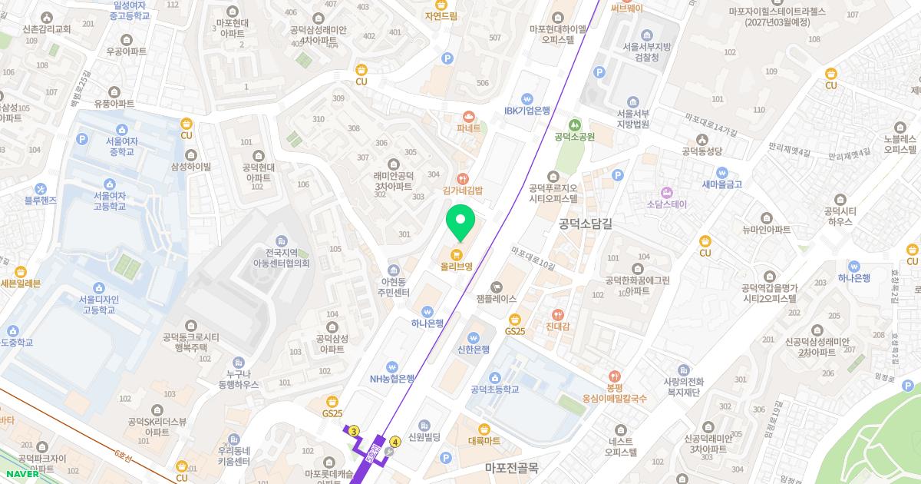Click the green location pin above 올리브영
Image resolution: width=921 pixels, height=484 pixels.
[x=460, y=220]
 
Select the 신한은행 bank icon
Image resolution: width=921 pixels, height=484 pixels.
[x=474, y=336]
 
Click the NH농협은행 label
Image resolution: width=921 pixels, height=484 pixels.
[x=391, y=378]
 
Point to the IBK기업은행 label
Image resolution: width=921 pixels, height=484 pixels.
[x=527, y=111]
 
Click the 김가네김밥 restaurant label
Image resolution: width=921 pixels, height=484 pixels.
[x=462, y=190]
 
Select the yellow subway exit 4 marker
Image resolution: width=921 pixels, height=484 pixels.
[x=395, y=442]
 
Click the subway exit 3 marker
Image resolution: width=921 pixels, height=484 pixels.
[x=353, y=432]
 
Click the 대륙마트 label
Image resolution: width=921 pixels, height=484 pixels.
[x=484, y=441]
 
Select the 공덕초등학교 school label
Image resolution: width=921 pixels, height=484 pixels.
[x=494, y=390]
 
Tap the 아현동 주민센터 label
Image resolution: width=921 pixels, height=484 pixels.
[x=394, y=287]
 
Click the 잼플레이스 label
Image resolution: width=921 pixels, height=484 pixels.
[x=496, y=298]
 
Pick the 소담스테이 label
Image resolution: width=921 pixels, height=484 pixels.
[x=666, y=204]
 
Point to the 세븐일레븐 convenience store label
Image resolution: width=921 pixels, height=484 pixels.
[x=21, y=283]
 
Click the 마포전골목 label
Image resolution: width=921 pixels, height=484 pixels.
[x=511, y=466]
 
